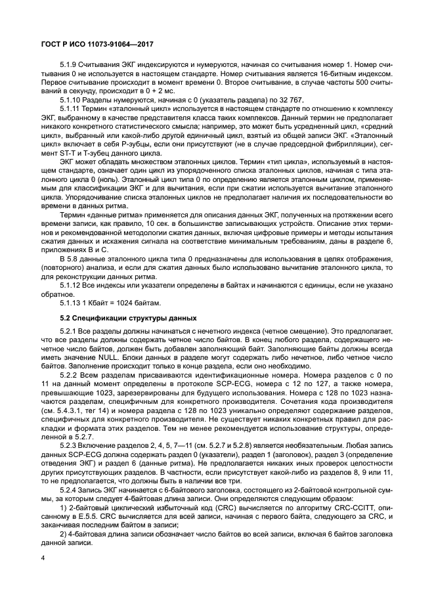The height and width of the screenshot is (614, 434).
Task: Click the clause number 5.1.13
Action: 71,302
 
